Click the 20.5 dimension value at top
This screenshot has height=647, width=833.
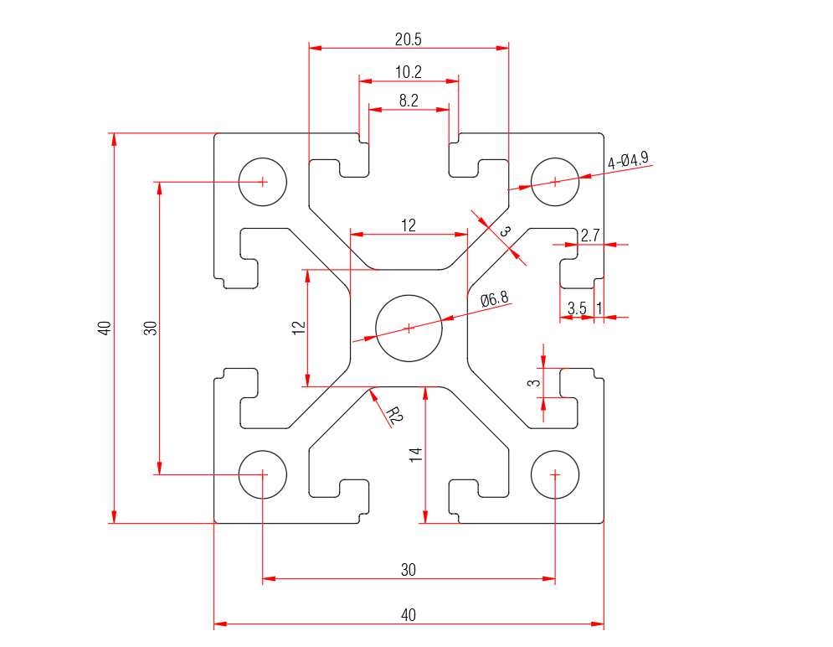pyautogui.click(x=408, y=39)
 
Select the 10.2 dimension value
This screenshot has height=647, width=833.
pyautogui.click(x=408, y=72)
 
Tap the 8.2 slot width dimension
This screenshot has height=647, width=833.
pyautogui.click(x=409, y=101)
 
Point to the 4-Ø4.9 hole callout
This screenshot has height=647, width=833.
pyautogui.click(x=628, y=160)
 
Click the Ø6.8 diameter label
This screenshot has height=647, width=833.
pyautogui.click(x=494, y=298)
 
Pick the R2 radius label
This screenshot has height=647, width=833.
pyautogui.click(x=394, y=413)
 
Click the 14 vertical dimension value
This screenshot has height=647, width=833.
pyautogui.click(x=416, y=455)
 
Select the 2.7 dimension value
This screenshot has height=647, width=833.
pyautogui.click(x=589, y=236)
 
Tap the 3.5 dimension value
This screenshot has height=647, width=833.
pyautogui.click(x=577, y=308)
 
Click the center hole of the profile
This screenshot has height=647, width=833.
pyautogui.click(x=409, y=328)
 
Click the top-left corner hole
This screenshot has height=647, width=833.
pyautogui.click(x=263, y=181)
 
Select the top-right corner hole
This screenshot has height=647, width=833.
pyautogui.click(x=555, y=181)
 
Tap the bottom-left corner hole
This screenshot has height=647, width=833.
pyautogui.click(x=263, y=474)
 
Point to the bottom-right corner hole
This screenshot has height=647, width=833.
pyautogui.click(x=555, y=474)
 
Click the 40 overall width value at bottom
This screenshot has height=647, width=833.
pyautogui.click(x=408, y=615)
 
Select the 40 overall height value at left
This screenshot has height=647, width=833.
pyautogui.click(x=104, y=328)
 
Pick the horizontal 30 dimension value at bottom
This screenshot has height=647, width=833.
pyautogui.click(x=408, y=570)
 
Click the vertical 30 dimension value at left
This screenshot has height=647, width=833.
pyautogui.click(x=151, y=328)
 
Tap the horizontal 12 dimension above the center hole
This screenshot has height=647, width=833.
pyautogui.click(x=408, y=225)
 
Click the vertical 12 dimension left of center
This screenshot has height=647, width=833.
pyautogui.click(x=298, y=328)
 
